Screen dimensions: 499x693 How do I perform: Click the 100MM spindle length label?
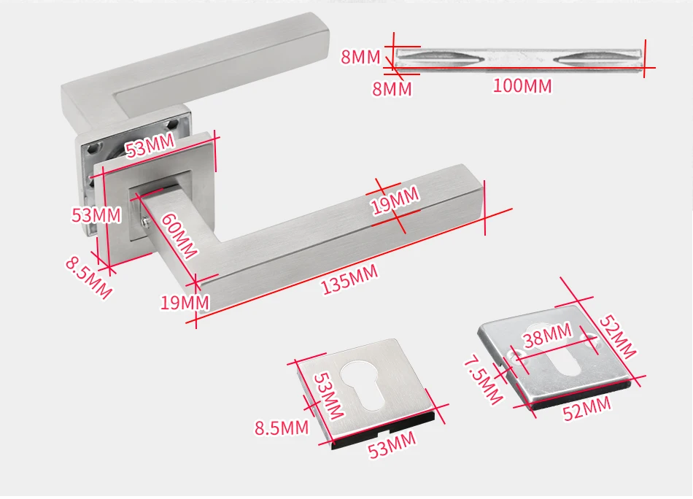(522, 85)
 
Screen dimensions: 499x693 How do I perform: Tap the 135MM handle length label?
(349, 280)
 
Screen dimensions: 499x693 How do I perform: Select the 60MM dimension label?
(178, 235)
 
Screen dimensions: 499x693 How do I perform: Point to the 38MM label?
(547, 336)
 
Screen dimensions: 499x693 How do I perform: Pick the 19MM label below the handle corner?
(185, 302)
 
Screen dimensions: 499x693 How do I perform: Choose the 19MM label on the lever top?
(395, 201)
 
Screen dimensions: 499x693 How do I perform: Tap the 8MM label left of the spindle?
(361, 57)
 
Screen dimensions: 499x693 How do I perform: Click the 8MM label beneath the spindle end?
(392, 89)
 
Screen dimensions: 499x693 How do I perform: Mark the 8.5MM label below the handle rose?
(88, 276)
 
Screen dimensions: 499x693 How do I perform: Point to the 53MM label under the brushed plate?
(392, 444)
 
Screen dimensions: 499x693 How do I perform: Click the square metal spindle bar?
(518, 58)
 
